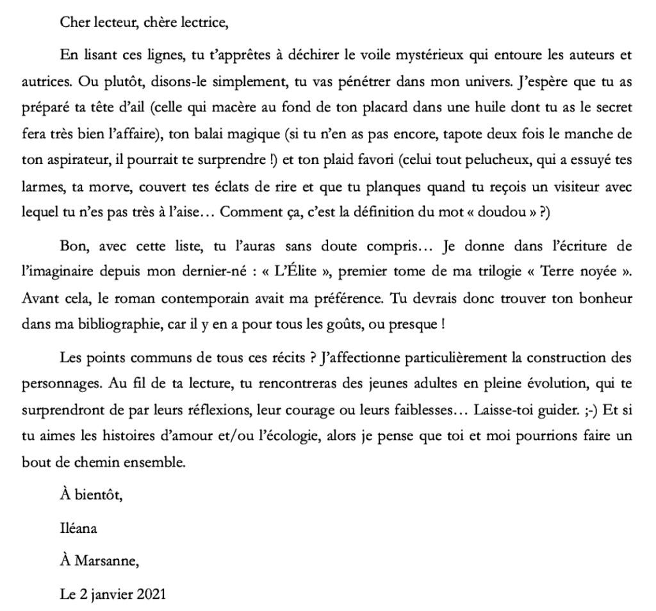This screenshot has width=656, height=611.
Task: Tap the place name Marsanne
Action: click(106, 562)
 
